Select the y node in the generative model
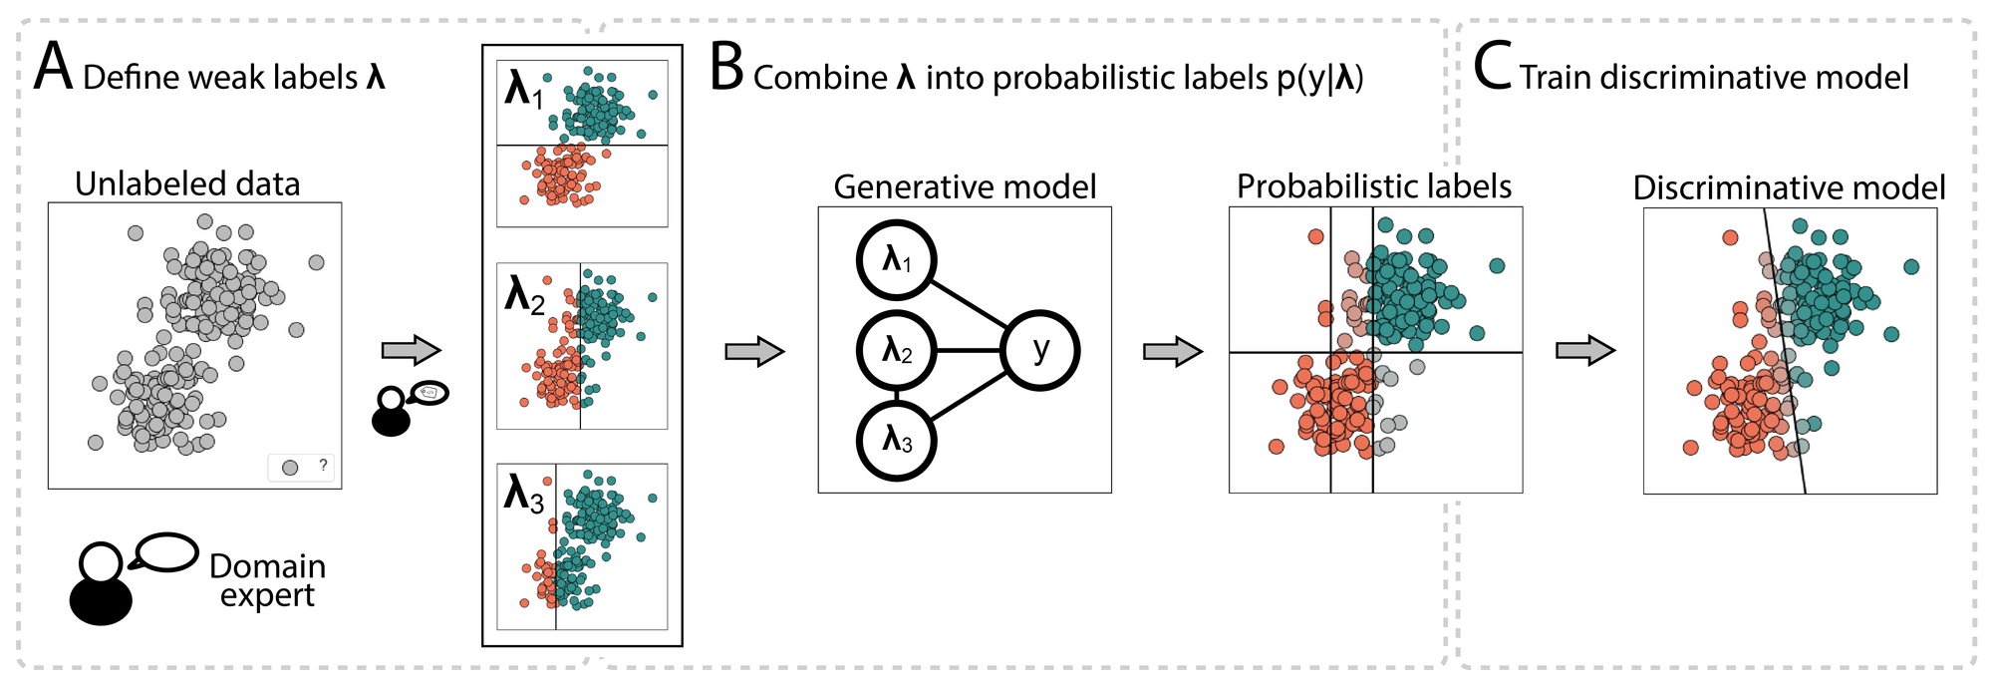coord(1040,350)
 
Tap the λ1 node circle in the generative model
coord(897,260)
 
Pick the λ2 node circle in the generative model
coord(897,350)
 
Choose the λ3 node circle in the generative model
coord(897,440)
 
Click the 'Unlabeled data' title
coord(187,184)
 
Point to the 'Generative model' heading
coord(965,187)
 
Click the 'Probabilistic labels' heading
coord(1374,186)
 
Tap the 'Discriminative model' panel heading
coord(1789,187)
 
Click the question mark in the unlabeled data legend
coord(323,465)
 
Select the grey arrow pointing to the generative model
coord(754,351)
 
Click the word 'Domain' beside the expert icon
coord(267,566)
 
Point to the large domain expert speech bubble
coord(166,552)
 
